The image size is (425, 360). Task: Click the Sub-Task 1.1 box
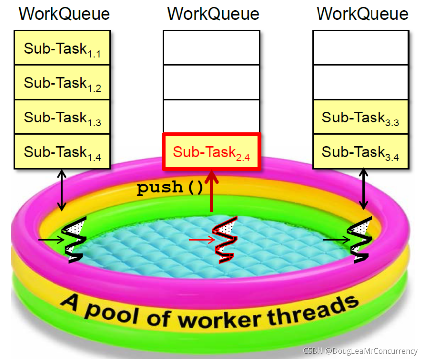tap(62, 48)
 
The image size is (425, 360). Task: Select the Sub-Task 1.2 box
tap(62, 83)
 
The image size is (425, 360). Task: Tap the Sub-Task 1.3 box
tap(62, 118)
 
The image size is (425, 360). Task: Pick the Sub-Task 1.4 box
tap(62, 152)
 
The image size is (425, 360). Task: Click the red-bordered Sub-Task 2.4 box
tap(212, 151)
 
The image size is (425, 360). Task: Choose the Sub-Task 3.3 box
tap(361, 118)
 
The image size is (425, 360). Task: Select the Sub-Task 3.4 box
tap(361, 152)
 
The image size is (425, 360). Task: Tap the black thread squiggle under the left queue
tap(75, 241)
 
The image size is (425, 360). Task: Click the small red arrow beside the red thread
tap(203, 240)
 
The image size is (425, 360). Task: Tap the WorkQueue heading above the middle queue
tap(213, 14)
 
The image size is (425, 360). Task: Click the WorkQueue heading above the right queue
tap(362, 14)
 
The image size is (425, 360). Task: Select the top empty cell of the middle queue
tap(212, 48)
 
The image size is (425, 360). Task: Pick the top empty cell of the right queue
tap(361, 48)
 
